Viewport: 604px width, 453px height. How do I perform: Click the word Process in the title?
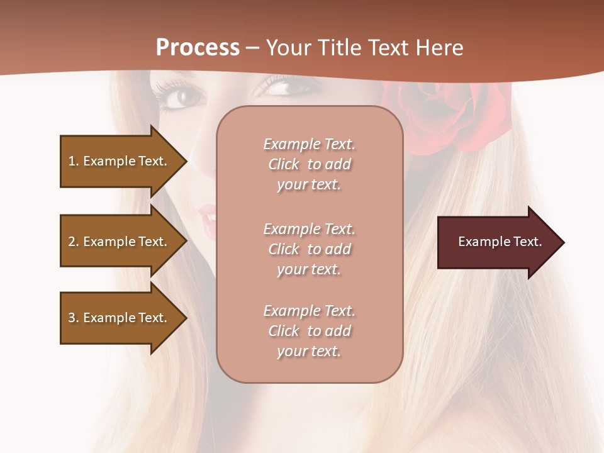point(198,47)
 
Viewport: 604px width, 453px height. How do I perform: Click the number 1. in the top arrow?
point(73,161)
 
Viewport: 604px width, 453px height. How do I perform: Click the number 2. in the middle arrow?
point(73,242)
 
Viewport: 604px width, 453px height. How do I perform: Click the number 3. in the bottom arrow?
point(73,318)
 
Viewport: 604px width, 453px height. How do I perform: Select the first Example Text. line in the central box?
point(309,144)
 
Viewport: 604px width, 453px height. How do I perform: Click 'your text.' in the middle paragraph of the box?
point(309,269)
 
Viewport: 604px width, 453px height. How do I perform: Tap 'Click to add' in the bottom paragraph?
point(309,331)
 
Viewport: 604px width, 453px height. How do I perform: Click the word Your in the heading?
point(289,47)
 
